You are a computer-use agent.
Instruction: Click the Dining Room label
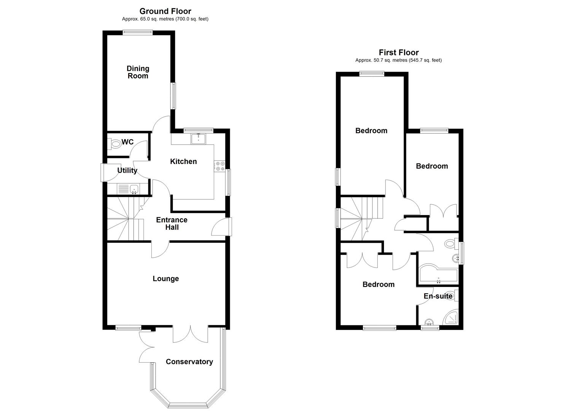coord(138,72)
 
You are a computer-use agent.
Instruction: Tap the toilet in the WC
coord(115,144)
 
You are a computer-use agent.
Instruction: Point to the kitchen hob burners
coord(220,166)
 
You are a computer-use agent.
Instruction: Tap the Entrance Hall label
coord(172,223)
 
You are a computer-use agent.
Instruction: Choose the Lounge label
coord(166,279)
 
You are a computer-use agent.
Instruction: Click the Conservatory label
coord(189,362)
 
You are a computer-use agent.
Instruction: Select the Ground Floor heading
coord(165,11)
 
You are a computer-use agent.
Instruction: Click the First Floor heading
coord(398,53)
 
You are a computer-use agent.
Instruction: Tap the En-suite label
coord(438,296)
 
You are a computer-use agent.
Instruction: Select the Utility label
coord(127,170)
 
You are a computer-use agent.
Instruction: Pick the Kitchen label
coord(183,161)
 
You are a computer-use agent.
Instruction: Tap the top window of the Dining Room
coord(137,32)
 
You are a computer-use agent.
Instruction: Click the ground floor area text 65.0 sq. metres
coord(165,19)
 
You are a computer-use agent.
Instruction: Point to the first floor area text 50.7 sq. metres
coord(398,60)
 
